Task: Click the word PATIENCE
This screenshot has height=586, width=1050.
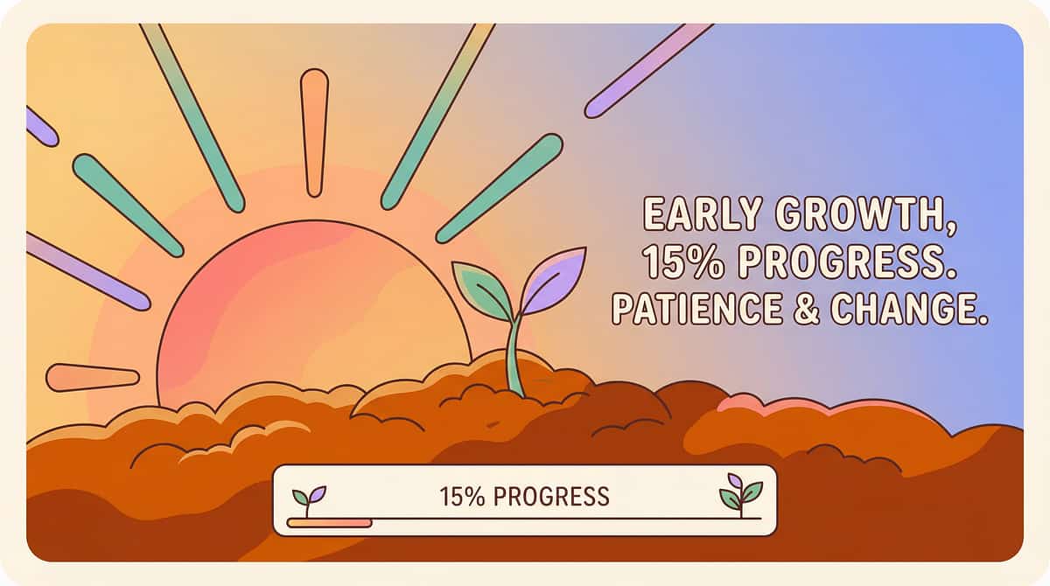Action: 697,309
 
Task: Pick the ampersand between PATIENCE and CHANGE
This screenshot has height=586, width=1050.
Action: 806,309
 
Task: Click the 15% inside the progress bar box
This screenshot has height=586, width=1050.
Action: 462,497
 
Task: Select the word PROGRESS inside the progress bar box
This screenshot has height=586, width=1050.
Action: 551,497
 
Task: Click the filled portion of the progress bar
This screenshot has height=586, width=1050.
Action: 330,523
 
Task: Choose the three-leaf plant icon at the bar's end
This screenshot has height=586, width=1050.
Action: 740,495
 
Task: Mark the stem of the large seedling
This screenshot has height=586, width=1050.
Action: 515,356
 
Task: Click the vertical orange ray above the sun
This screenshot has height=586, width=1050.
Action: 314,133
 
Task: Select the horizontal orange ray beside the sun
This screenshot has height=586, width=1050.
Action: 93,378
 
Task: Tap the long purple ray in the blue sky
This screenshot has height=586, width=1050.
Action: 648,70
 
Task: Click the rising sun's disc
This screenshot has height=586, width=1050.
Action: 313,318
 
